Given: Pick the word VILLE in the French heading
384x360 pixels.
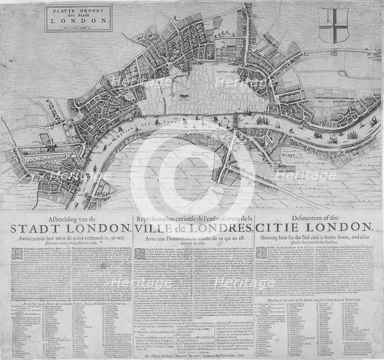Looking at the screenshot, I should (154, 228).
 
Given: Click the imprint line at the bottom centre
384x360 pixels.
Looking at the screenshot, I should (192, 355).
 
